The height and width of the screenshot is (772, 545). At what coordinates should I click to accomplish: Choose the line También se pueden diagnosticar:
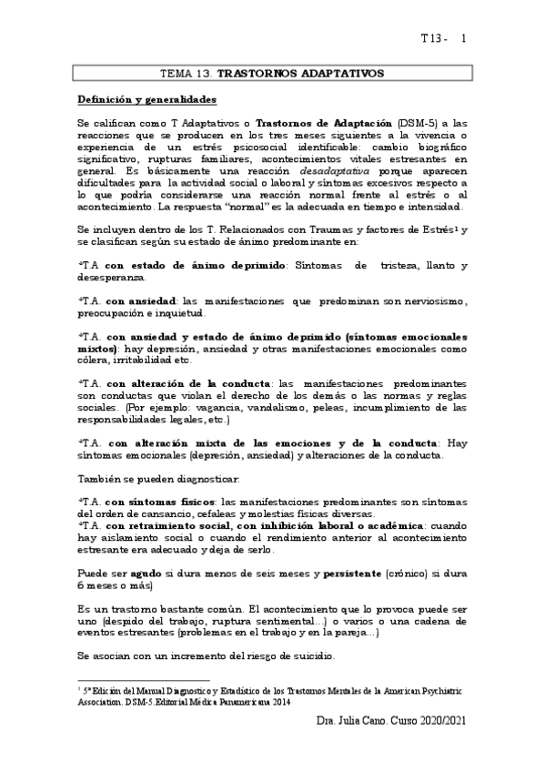(159, 478)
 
